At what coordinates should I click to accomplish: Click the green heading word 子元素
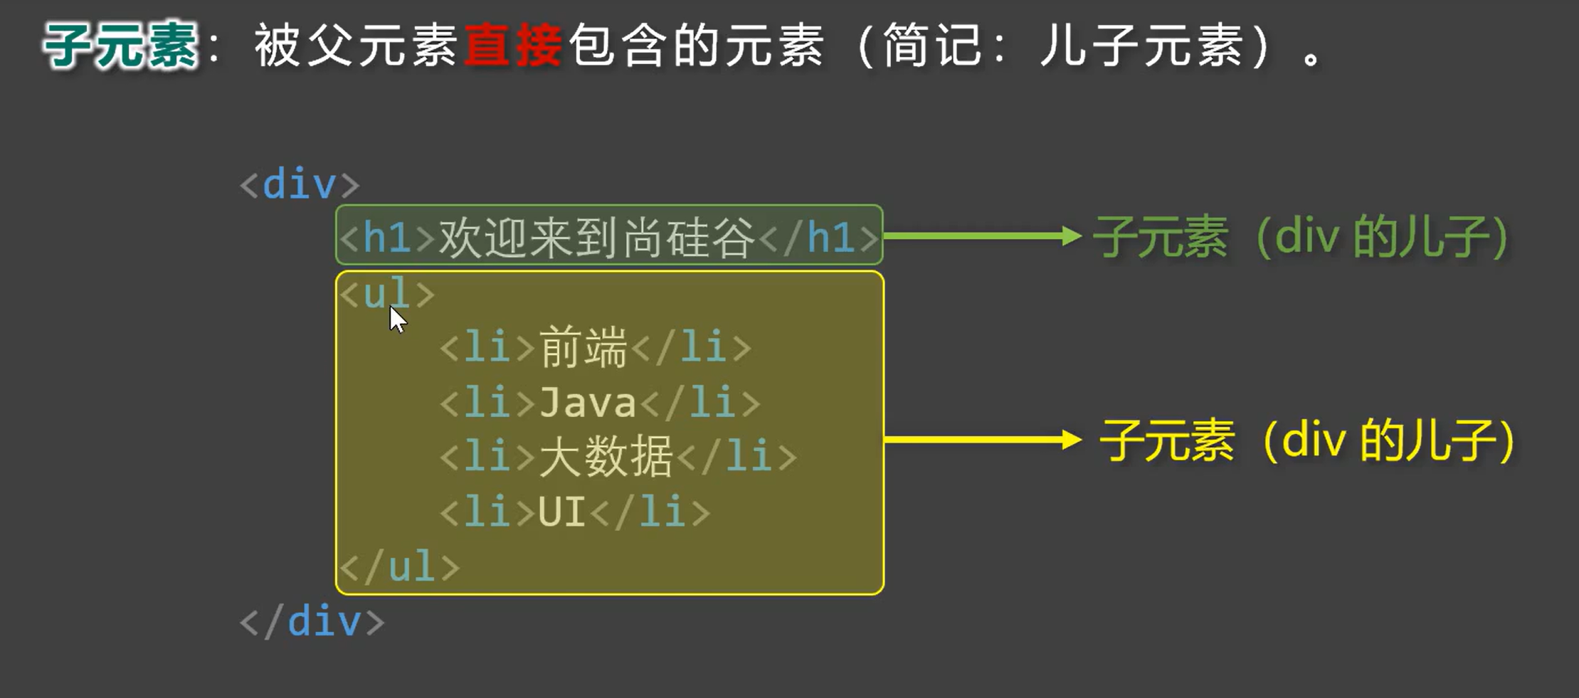click(120, 46)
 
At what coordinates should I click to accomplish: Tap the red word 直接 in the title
click(512, 46)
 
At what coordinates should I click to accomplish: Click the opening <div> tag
click(300, 185)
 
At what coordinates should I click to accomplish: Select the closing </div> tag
click(312, 622)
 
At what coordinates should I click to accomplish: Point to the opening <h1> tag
click(387, 237)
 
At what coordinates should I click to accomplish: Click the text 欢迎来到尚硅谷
click(596, 237)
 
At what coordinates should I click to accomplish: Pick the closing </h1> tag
click(818, 237)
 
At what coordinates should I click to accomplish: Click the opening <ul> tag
click(386, 293)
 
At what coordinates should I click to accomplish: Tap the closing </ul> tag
click(399, 567)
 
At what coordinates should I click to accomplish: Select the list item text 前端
click(583, 348)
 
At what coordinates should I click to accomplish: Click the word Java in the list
click(587, 403)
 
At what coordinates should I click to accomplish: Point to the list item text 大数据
click(606, 457)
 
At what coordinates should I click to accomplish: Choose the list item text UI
click(561, 512)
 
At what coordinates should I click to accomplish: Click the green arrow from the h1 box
click(982, 236)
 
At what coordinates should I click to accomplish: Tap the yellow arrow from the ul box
click(982, 440)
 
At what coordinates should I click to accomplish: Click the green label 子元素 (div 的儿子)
click(1301, 237)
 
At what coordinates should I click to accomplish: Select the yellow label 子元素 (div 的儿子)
click(1306, 441)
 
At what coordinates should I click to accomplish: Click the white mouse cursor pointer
click(397, 319)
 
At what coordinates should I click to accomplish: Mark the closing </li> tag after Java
click(700, 403)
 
